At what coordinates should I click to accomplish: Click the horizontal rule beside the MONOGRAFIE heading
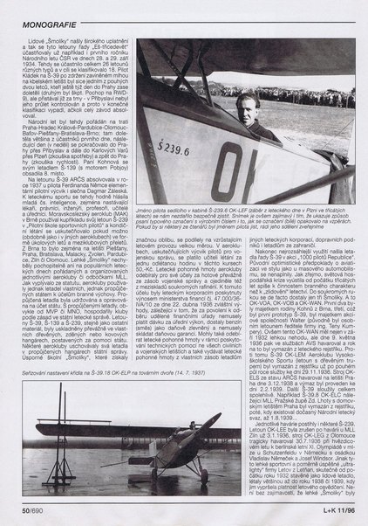coord(209,11)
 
